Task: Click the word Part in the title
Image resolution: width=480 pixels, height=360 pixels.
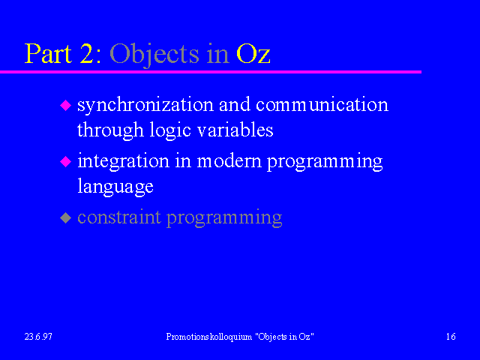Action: coord(48,53)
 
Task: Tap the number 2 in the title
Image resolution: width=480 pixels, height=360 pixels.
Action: coord(87,53)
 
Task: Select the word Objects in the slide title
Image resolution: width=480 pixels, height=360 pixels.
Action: coord(154,55)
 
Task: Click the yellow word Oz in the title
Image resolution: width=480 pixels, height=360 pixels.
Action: coord(253,54)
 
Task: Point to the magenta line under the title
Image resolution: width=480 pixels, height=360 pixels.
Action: coord(211,72)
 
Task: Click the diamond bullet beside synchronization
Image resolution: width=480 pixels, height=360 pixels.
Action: coord(65,105)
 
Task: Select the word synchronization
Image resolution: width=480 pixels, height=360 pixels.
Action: coord(145,105)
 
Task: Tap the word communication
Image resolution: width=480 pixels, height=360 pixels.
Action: coord(322,105)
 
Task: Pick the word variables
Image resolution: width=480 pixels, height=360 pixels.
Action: coord(235,130)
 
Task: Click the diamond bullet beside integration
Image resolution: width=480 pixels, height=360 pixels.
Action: coord(65,161)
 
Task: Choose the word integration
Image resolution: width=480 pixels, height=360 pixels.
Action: coord(123,162)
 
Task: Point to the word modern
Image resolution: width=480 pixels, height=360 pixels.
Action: coord(229,161)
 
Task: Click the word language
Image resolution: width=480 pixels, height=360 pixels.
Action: coord(115,187)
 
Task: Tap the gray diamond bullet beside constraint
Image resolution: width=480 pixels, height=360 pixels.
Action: coord(65,218)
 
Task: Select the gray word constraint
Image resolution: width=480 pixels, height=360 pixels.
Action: coord(119,217)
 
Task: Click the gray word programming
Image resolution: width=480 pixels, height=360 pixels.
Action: coord(224,218)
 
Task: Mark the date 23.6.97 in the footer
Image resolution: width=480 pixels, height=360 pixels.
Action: coord(38,337)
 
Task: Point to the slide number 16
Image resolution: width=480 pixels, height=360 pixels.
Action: coord(451,337)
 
